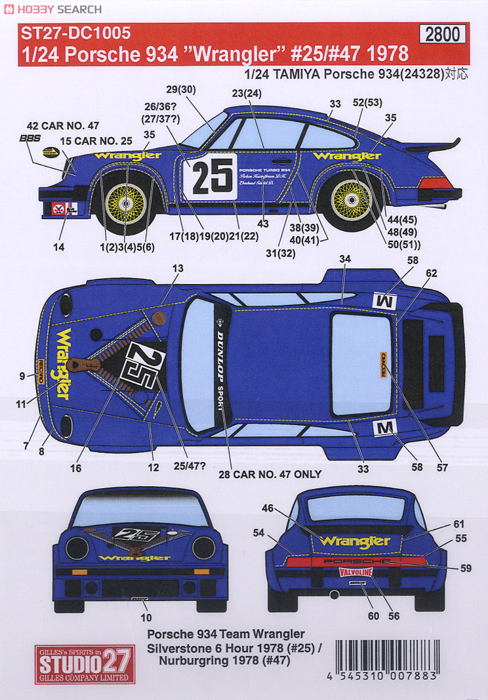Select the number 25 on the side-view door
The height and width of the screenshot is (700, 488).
(x=211, y=176)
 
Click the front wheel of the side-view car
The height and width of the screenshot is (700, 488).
(x=126, y=195)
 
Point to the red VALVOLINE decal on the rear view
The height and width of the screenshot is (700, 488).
(x=356, y=572)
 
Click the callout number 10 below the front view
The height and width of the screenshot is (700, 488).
(x=146, y=617)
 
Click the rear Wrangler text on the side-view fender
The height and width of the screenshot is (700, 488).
(x=347, y=156)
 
